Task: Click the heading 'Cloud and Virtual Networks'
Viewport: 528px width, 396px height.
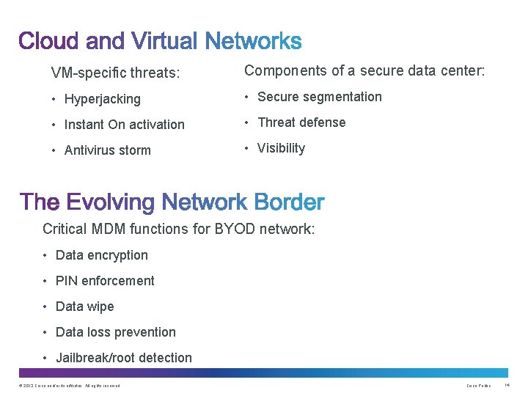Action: pos(160,41)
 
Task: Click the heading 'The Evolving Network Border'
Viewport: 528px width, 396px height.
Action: pos(172,202)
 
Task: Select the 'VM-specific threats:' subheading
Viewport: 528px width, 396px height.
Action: pos(115,73)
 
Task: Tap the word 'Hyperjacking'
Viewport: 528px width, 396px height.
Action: pos(103,99)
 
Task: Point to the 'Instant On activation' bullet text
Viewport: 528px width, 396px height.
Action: pos(125,125)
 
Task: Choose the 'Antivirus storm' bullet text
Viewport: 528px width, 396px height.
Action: pos(108,150)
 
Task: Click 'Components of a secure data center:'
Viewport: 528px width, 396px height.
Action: pos(364,71)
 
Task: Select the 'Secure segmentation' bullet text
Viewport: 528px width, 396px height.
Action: pos(320,97)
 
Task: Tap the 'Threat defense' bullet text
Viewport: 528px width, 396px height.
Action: pos(301,122)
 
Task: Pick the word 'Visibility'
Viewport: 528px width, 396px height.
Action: pos(281,148)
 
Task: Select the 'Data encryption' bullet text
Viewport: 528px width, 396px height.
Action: pos(102,255)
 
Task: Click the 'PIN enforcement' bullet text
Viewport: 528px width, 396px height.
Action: pos(105,281)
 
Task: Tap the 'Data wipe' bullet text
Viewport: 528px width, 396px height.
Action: pos(85,307)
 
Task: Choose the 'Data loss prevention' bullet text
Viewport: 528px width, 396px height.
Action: pos(116,332)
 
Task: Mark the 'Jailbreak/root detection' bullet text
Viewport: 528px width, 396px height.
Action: pos(124,358)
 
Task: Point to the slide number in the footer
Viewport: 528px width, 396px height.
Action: pos(507,386)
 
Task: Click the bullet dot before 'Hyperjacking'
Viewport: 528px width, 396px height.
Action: pos(54,99)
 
